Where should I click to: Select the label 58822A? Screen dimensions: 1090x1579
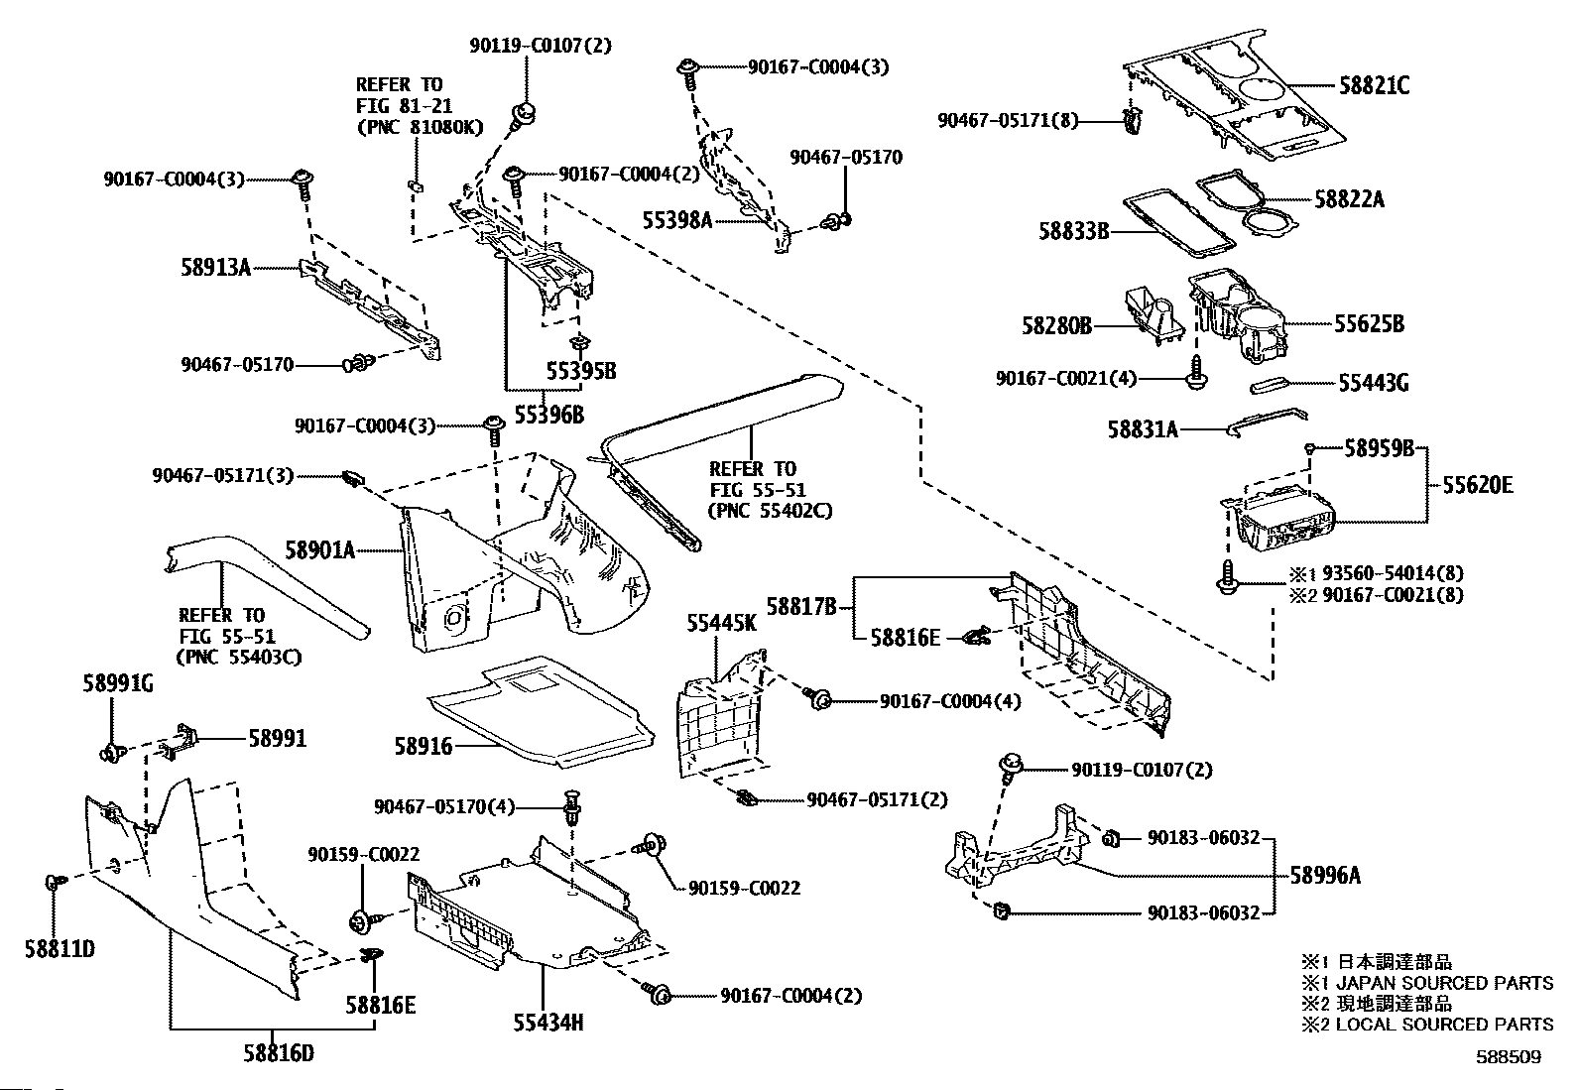point(1349,199)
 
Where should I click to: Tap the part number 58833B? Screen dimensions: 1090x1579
point(1073,232)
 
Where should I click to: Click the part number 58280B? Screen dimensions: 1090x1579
point(1056,325)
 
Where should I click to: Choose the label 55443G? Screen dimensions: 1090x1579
point(1373,384)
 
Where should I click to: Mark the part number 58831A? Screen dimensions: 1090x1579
point(1143,429)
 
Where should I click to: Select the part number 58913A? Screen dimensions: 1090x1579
point(215,267)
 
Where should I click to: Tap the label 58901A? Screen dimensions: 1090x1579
point(319,549)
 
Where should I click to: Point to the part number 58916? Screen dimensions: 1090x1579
point(423,746)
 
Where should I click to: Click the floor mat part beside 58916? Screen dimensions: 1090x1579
point(541,709)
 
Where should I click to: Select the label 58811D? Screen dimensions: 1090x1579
point(60,949)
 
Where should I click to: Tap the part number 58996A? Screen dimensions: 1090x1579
point(1325,876)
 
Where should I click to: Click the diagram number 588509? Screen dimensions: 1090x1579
point(1507,1057)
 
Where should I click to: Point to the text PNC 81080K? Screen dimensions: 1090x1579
point(420,127)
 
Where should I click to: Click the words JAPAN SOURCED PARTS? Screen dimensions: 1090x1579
point(1444,983)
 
